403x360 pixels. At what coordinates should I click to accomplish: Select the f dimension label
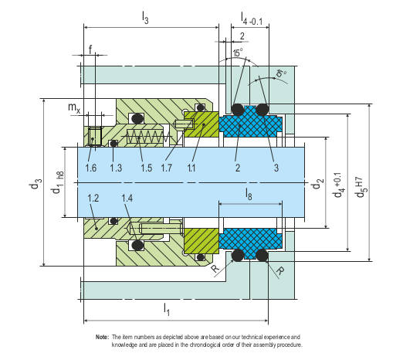pos(91,49)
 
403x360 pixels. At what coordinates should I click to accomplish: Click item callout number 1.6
pos(91,168)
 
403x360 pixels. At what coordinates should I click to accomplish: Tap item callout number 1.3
pos(116,168)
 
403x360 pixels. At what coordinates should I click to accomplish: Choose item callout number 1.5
pos(147,168)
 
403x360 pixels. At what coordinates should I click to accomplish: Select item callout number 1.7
pos(168,168)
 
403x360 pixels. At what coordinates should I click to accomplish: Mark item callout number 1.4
pos(128,199)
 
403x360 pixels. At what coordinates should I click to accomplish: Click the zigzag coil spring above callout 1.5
pos(147,137)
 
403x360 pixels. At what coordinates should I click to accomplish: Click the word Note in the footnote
pos(102,338)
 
